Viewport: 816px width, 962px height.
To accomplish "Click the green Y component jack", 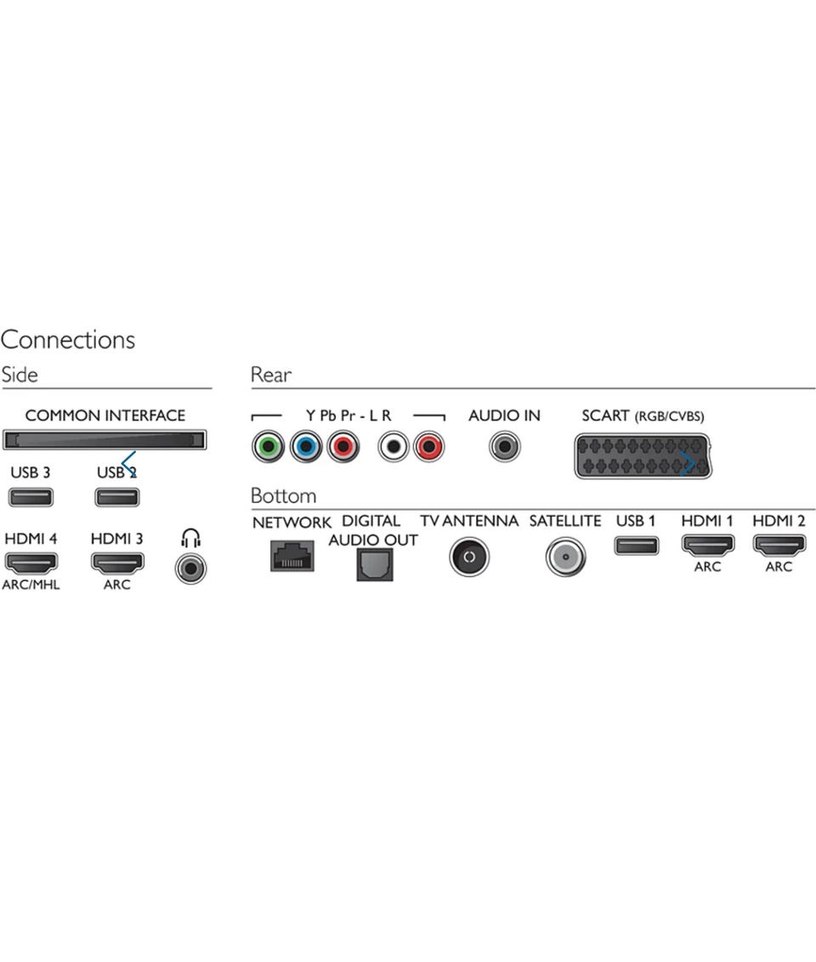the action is point(268,447).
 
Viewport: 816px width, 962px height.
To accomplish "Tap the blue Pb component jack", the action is point(305,447).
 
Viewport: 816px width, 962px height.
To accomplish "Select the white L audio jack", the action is point(393,447).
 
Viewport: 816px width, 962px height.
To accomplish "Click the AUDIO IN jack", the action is point(504,447).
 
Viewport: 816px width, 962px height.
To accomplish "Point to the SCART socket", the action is point(643,456).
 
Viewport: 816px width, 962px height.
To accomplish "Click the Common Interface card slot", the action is point(105,440).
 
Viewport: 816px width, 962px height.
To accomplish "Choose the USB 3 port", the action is point(31,497).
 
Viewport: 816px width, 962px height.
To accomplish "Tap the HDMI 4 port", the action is point(31,562).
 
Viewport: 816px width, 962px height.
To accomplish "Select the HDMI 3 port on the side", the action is point(117,562).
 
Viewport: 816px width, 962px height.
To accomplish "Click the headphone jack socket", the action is point(190,569).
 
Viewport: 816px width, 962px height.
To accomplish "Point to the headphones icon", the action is point(190,538).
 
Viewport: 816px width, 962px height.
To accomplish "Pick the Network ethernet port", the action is point(292,556).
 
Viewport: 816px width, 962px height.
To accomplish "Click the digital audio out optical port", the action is point(375,564).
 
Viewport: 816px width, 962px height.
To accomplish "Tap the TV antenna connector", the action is point(469,557).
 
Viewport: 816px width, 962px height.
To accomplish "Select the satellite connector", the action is point(565,557).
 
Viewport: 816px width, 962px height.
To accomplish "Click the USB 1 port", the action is point(637,546).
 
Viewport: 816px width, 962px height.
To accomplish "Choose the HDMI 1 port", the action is point(707,545).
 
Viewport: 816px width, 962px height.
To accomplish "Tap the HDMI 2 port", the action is point(779,545).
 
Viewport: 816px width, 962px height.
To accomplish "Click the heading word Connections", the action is point(67,340).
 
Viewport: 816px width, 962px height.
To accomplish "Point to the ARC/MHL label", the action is point(31,585).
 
